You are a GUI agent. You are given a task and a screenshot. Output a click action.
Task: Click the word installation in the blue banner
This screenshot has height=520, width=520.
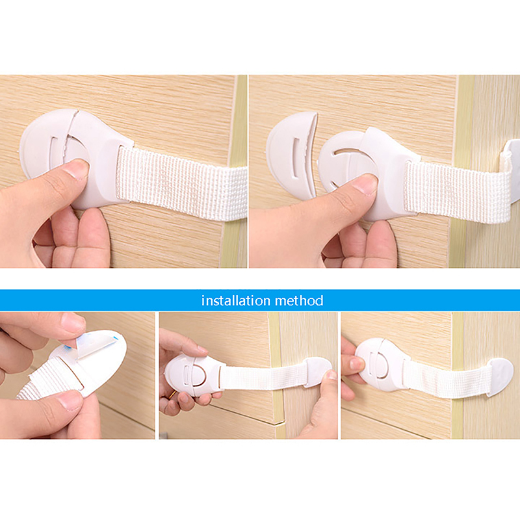235,300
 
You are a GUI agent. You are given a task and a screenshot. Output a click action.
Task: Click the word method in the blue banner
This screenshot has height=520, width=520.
299,300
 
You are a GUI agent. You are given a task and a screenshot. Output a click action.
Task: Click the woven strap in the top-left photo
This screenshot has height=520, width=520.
182,183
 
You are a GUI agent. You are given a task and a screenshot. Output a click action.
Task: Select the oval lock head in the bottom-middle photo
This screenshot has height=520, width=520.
192,374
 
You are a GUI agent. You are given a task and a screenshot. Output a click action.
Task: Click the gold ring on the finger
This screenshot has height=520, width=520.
172,395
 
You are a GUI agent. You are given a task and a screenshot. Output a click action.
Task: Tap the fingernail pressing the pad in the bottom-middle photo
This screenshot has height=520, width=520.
331,375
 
